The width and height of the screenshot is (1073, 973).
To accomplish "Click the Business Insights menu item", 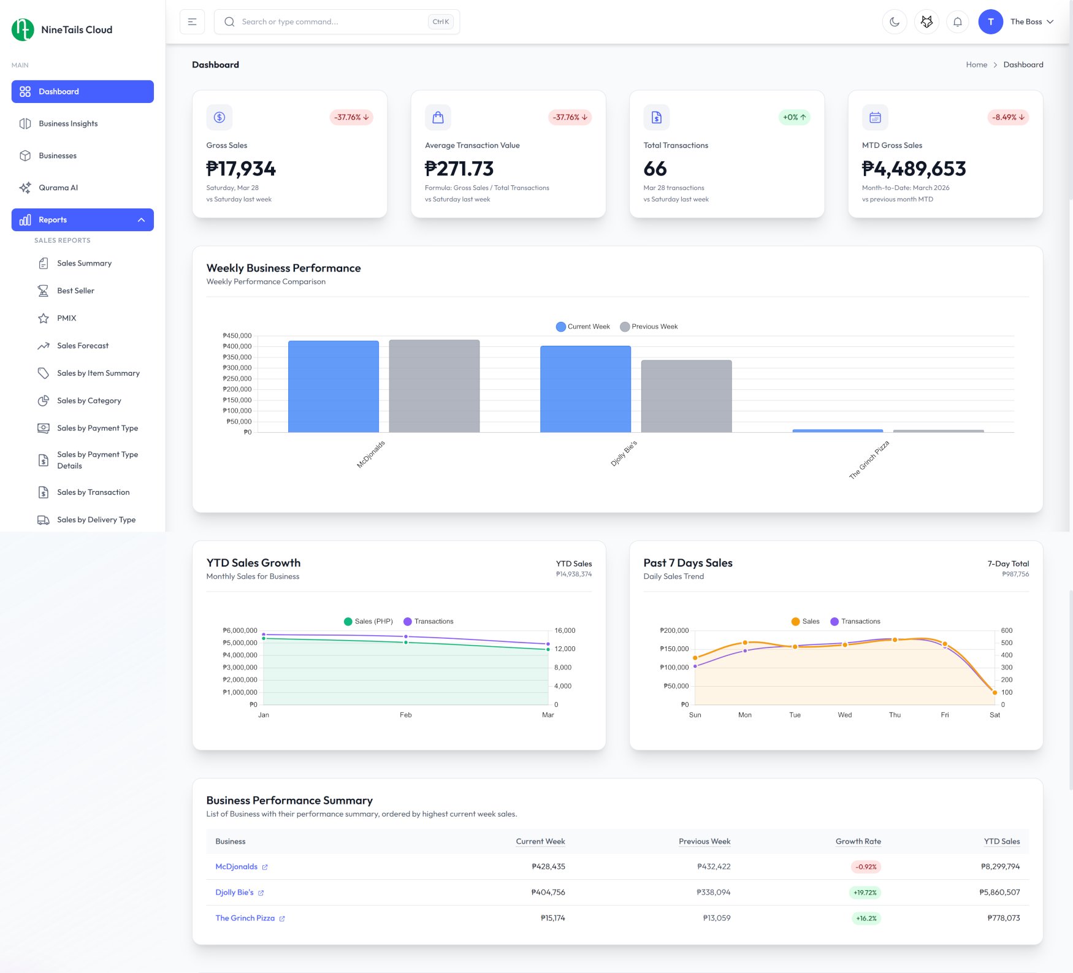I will pyautogui.click(x=68, y=124).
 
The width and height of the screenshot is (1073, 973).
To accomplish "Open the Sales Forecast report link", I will pyautogui.click(x=82, y=346).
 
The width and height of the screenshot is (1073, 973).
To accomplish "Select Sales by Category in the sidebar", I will pyautogui.click(x=89, y=401).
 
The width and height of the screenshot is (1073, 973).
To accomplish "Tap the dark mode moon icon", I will pyautogui.click(x=895, y=22).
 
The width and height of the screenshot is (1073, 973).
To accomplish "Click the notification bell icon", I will pyautogui.click(x=957, y=22).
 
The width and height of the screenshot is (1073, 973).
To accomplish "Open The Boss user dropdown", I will pyautogui.click(x=1031, y=22).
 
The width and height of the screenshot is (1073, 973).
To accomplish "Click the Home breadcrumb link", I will pyautogui.click(x=976, y=65).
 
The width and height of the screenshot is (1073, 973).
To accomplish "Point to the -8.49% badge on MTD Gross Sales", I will pyautogui.click(x=1007, y=117).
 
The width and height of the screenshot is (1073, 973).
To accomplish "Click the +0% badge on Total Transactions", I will pyautogui.click(x=794, y=117).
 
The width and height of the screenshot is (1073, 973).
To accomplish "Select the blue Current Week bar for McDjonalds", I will pyautogui.click(x=333, y=386).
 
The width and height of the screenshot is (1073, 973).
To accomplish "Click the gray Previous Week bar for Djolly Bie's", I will pyautogui.click(x=686, y=396).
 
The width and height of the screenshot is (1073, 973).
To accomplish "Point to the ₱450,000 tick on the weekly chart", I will pyautogui.click(x=237, y=336).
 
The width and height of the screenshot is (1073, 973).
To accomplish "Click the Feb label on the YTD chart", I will pyautogui.click(x=405, y=715).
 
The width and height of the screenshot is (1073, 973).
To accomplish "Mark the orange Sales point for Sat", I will pyautogui.click(x=995, y=693).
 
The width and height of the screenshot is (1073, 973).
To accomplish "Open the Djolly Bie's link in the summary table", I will pyautogui.click(x=234, y=893).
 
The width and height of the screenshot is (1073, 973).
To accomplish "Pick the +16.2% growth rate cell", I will pyautogui.click(x=866, y=918).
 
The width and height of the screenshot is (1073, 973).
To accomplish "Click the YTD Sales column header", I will pyautogui.click(x=1001, y=842).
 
